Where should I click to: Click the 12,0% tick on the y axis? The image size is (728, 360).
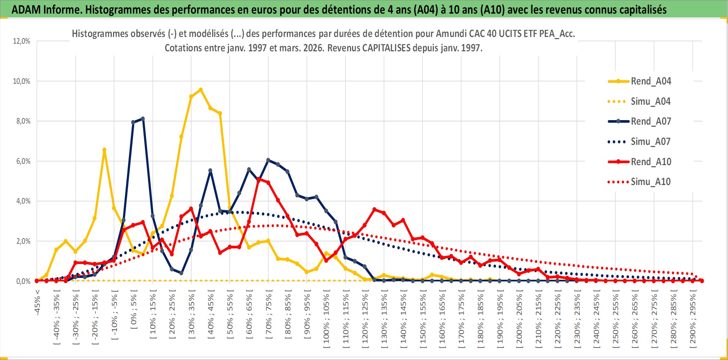pyautogui.click(x=22, y=41)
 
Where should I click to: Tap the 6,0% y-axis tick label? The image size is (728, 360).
pyautogui.click(x=22, y=161)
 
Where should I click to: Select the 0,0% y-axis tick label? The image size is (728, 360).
pyautogui.click(x=23, y=281)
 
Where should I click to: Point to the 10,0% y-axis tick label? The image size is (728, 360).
pyautogui.click(x=22, y=81)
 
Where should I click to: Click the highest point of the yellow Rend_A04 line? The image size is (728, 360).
pyautogui.click(x=201, y=90)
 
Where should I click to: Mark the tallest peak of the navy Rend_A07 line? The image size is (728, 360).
pyautogui.click(x=143, y=119)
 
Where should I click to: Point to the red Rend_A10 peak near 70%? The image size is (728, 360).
pyautogui.click(x=259, y=179)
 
